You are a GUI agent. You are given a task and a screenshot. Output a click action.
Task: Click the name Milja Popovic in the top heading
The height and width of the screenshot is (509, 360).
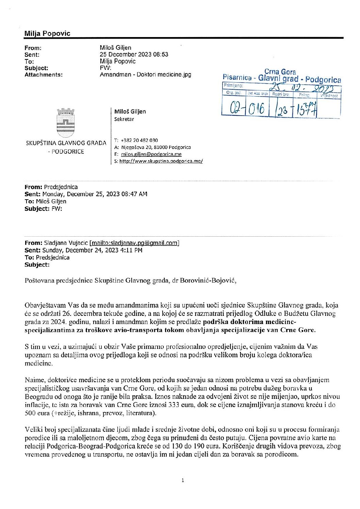click(47, 33)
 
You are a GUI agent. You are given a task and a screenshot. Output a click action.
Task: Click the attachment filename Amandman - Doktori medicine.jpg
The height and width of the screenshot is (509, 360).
click(145, 74)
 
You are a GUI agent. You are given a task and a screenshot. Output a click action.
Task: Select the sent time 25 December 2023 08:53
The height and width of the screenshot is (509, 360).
click(134, 54)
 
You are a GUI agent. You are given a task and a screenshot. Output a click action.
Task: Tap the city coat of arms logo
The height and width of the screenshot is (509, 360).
click(66, 122)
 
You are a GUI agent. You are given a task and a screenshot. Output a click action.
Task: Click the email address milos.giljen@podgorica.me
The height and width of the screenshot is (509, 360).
click(151, 154)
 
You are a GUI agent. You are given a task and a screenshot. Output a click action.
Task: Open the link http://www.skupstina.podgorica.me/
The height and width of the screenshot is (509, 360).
click(161, 161)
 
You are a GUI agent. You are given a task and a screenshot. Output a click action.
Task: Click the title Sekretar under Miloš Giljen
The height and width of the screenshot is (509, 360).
click(124, 119)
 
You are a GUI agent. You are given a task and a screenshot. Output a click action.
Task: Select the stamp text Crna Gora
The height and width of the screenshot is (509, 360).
click(280, 72)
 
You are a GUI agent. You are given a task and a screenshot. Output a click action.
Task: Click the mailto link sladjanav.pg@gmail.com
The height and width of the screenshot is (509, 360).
click(134, 243)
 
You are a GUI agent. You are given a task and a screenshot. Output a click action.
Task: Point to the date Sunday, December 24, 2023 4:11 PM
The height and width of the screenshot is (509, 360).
click(92, 250)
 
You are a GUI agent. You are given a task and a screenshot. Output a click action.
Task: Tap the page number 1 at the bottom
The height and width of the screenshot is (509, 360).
click(183, 480)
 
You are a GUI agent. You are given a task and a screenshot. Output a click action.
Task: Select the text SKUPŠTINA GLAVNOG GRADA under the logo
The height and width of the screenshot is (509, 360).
click(66, 143)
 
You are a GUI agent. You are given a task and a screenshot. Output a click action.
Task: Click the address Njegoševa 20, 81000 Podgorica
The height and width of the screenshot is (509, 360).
click(156, 147)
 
